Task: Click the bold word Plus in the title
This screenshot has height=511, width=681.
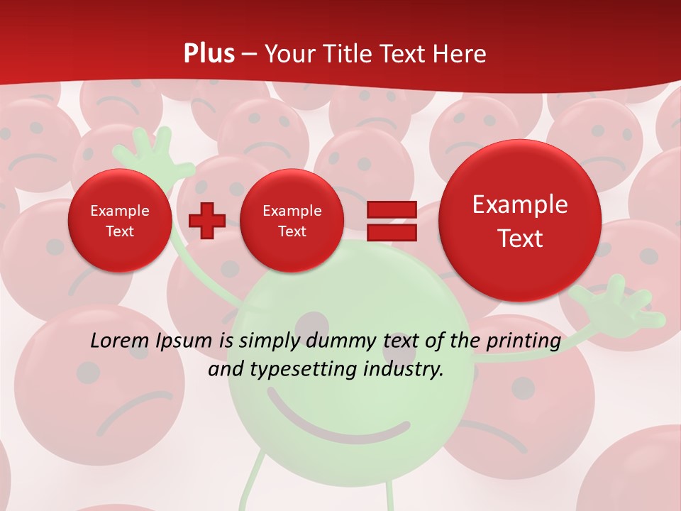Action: [x=209, y=54]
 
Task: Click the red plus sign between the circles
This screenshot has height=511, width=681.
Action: [x=206, y=221]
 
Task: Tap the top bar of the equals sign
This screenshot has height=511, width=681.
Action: [x=391, y=210]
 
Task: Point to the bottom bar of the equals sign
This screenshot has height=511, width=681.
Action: [x=391, y=232]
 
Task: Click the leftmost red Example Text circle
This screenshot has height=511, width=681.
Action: [x=120, y=221]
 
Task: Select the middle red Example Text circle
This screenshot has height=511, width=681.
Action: [x=292, y=221]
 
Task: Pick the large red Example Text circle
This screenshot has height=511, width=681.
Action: [x=520, y=221]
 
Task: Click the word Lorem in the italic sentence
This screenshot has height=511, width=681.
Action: [x=120, y=341]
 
